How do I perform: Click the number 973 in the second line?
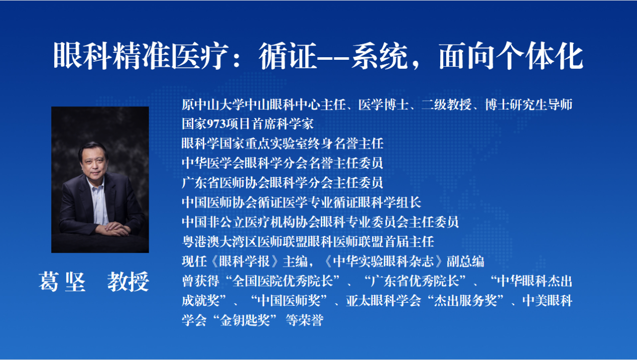pyautogui.click(x=216, y=124)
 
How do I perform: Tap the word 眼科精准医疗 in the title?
pyautogui.click(x=141, y=55)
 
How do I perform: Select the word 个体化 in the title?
pyautogui.click(x=540, y=55)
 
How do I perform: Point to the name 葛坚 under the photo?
pyautogui.click(x=62, y=282)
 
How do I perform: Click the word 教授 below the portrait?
pyautogui.click(x=128, y=282)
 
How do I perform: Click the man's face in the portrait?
pyautogui.click(x=94, y=163)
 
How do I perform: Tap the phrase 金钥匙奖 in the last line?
pyautogui.click(x=245, y=320)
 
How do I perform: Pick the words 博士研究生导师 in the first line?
pyautogui.click(x=529, y=104)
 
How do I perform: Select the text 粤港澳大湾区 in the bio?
pyautogui.click(x=219, y=242)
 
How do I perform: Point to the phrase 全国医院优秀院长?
pyautogui.click(x=283, y=281)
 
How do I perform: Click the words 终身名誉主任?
pyautogui.click(x=346, y=144)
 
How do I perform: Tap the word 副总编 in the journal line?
pyautogui.click(x=465, y=262)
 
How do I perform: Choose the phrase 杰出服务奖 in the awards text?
pyautogui.click(x=465, y=301)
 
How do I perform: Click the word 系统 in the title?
pyautogui.click(x=379, y=55)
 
